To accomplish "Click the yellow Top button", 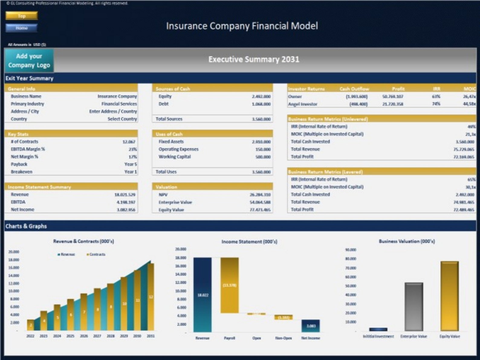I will [21, 16].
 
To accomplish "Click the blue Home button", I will [21, 28].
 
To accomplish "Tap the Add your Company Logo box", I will [29, 61].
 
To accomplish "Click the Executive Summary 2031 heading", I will [254, 59].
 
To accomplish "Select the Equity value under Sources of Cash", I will [261, 96].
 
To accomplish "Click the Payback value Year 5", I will [131, 164].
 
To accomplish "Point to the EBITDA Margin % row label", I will [28, 149].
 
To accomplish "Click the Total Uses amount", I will [261, 172].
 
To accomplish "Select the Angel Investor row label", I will [303, 104].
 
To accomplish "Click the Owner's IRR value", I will [436, 96].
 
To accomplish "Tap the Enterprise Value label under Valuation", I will [175, 202].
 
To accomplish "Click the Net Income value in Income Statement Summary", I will [126, 209].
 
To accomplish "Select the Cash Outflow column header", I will [354, 89].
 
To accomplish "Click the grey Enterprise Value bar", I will [414, 306].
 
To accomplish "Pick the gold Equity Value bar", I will [449, 296].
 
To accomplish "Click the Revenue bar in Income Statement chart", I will [203, 295].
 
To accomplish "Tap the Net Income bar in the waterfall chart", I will [310, 326].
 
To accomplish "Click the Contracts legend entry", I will [96, 255].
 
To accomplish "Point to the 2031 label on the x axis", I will [151, 336].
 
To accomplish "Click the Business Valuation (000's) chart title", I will [407, 241].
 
